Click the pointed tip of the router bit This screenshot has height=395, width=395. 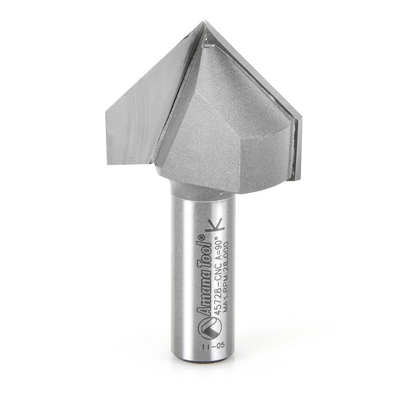(204, 22)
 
